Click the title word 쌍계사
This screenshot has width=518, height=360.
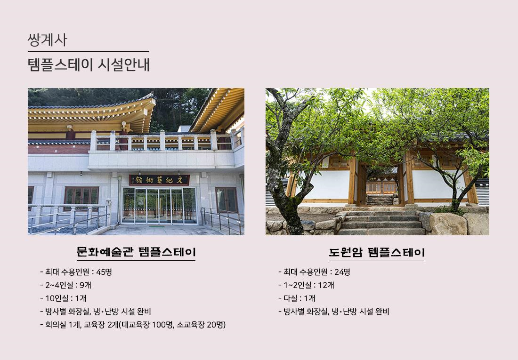click(x=48, y=40)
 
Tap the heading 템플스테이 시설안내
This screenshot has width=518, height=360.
click(x=89, y=64)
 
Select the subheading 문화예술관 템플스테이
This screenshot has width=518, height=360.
click(x=136, y=251)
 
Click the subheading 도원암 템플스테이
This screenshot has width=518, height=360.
click(x=377, y=252)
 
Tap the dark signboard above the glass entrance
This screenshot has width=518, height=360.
click(x=159, y=180)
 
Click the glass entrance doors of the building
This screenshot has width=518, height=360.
click(x=159, y=206)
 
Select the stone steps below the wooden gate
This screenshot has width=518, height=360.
click(x=381, y=222)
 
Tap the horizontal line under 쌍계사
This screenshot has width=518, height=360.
click(x=88, y=51)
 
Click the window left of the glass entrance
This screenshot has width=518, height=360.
click(x=81, y=198)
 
